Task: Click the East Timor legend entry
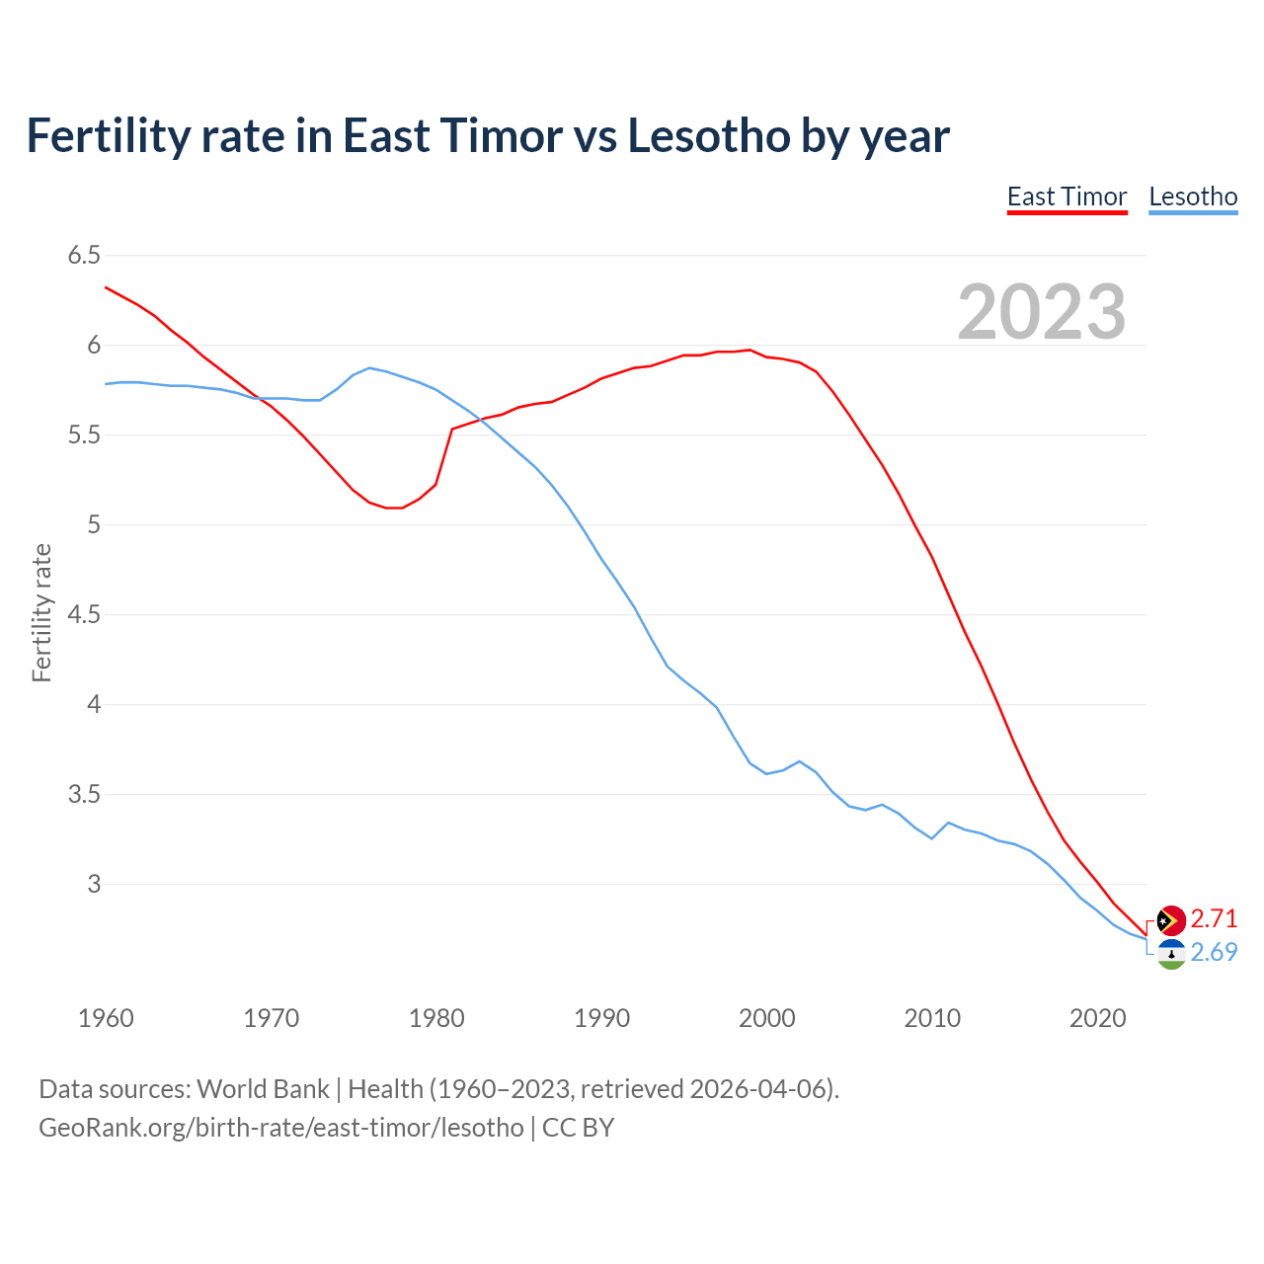1066,197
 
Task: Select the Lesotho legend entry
1193,197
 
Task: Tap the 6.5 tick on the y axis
84,256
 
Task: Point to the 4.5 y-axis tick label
84,615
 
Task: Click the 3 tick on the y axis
94,884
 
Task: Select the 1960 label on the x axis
106,1018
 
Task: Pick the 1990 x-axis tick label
601,1018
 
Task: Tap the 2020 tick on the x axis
1097,1018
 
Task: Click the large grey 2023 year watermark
1041,312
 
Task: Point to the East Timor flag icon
1171,920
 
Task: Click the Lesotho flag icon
1171,954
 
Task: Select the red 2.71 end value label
1214,919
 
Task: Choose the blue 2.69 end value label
1214,953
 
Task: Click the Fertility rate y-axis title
41,612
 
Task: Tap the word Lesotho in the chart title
708,136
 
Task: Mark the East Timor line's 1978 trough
395,508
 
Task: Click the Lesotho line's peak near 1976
369,367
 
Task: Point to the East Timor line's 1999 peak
750,350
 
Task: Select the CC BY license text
578,1128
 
